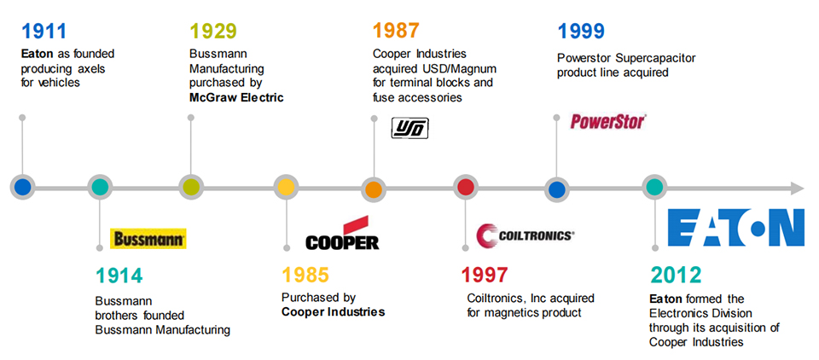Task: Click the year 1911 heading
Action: point(44,32)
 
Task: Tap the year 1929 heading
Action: point(212,32)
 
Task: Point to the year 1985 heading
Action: point(305,276)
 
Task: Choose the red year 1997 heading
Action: point(485,276)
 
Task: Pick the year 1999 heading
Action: point(581,32)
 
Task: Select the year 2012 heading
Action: point(676,276)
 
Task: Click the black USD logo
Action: point(409,129)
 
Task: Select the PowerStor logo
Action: point(607,122)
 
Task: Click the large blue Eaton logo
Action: point(735,227)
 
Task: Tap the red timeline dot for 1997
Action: point(466,188)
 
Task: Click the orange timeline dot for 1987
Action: point(373,188)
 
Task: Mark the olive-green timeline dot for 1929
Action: point(190,188)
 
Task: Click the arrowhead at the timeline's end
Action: point(797,188)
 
